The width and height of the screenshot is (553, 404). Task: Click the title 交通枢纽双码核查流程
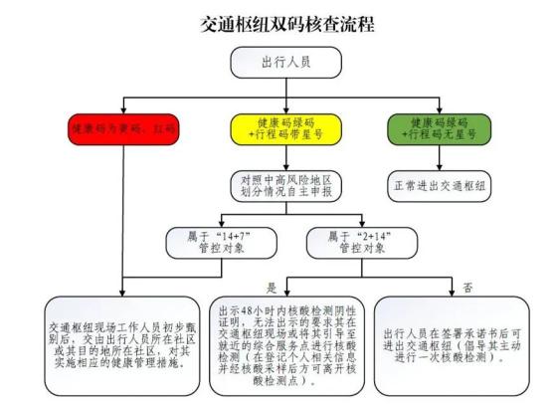click(287, 25)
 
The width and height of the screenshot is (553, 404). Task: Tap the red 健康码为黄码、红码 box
click(121, 130)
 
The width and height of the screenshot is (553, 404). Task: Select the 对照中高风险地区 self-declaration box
click(286, 186)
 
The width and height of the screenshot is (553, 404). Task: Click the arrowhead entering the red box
click(121, 108)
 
